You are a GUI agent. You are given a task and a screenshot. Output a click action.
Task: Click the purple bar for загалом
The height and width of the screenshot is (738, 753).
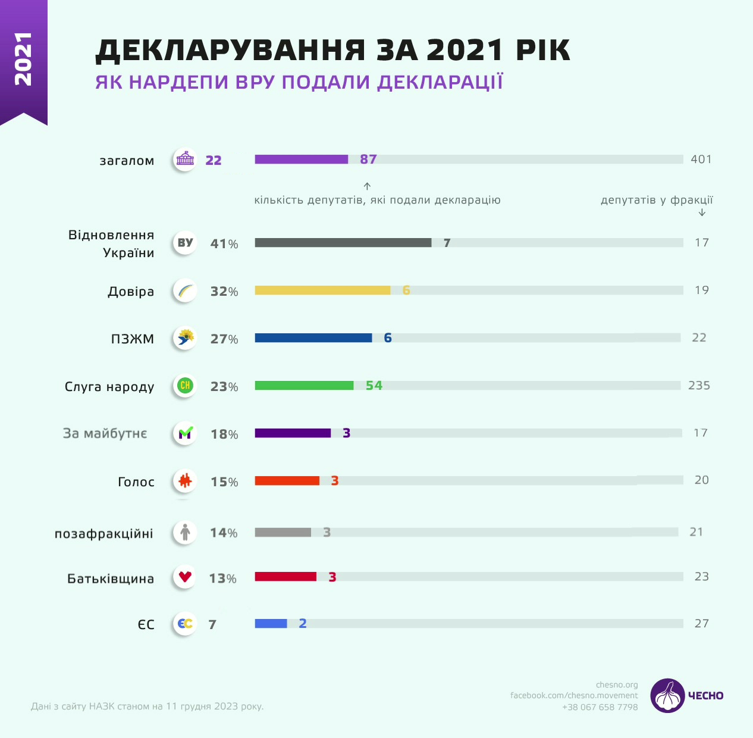[301, 160]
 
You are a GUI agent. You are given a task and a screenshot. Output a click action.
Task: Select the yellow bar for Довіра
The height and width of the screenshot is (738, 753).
[322, 290]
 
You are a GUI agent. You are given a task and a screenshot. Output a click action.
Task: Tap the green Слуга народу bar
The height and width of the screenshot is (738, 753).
[304, 386]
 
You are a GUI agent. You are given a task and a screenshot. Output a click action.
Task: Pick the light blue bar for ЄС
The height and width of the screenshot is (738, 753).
[271, 624]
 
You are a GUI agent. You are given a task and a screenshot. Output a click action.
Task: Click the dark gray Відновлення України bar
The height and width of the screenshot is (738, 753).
[343, 243]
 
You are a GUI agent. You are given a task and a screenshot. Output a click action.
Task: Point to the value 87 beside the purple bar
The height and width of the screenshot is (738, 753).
[368, 160]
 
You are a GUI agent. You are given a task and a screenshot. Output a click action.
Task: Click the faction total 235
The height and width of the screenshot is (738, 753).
[699, 386]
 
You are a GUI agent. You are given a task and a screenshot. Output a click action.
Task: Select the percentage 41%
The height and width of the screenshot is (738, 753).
[224, 244]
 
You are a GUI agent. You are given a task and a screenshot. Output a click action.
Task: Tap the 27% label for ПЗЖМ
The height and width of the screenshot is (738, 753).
[224, 339]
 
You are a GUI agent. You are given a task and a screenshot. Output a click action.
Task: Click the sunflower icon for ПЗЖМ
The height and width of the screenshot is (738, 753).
[185, 338]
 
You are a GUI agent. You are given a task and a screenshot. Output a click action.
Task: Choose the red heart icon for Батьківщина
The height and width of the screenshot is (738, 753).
[185, 576]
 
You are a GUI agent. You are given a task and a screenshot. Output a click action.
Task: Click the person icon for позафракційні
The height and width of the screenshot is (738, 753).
[185, 532]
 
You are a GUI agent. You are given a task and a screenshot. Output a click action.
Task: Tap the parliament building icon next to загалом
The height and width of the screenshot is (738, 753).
[185, 160]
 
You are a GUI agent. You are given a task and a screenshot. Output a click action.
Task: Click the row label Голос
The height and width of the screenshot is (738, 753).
[136, 482]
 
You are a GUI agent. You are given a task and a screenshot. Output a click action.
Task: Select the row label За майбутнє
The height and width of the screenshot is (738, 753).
[105, 433]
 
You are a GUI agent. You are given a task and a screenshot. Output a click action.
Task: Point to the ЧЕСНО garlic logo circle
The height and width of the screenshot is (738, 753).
[667, 695]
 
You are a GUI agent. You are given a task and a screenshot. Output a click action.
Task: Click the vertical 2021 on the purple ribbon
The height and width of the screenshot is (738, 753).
[23, 59]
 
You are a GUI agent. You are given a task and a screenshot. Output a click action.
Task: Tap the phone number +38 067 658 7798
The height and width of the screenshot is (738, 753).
[600, 707]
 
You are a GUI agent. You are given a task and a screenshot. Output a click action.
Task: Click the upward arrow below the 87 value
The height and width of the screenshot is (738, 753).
[367, 186]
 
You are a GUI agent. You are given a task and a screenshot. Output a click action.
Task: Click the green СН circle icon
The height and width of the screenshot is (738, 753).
[185, 386]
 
